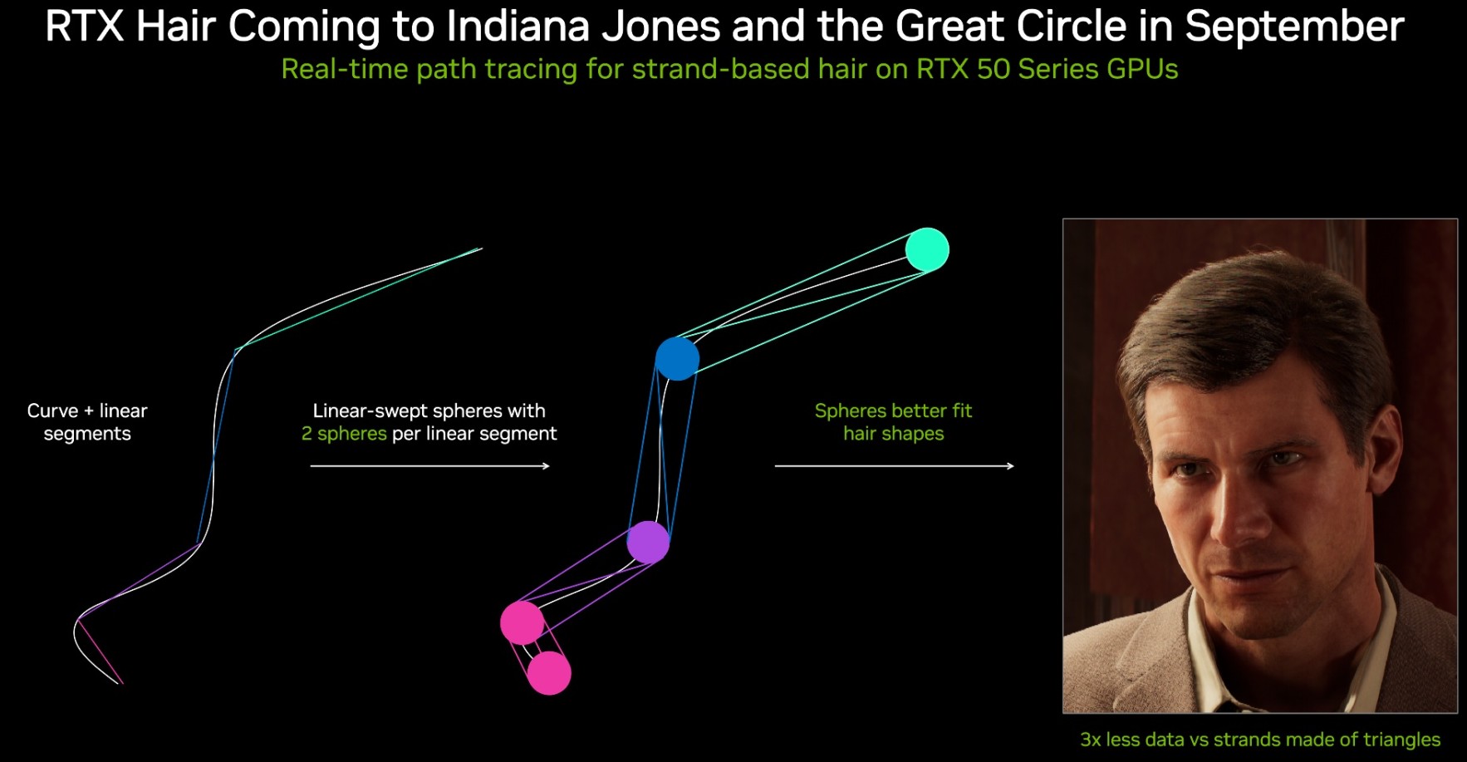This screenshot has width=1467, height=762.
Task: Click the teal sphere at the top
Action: pyautogui.click(x=927, y=249)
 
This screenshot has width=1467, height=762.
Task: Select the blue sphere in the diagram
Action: pyautogui.click(x=677, y=358)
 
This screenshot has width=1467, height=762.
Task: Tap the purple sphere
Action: pyautogui.click(x=648, y=542)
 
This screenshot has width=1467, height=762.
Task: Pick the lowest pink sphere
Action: pyautogui.click(x=549, y=673)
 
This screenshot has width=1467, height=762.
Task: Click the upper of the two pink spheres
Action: pyautogui.click(x=522, y=623)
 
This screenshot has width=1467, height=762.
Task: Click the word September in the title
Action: pyautogui.click(x=1294, y=27)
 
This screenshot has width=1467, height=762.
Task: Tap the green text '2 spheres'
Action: pyautogui.click(x=344, y=434)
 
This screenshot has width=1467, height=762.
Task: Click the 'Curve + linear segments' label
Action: pyautogui.click(x=87, y=422)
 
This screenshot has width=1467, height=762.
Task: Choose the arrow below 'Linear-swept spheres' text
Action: pyautogui.click(x=430, y=466)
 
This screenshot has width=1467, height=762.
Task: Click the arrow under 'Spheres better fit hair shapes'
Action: pyautogui.click(x=895, y=466)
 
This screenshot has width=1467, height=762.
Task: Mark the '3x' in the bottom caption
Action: pyautogui.click(x=1091, y=740)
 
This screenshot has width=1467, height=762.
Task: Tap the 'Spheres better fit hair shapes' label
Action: pyautogui.click(x=894, y=422)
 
